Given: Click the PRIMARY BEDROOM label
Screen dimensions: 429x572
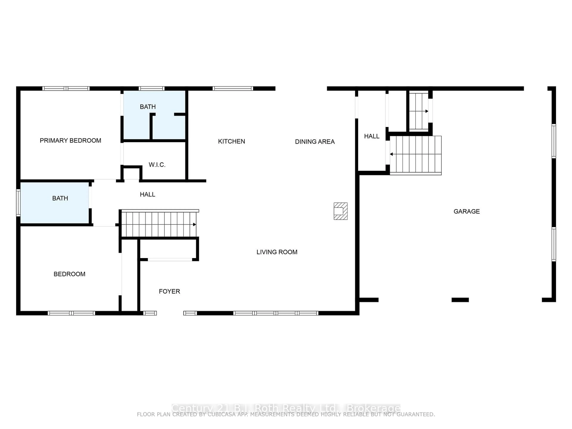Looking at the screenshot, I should tap(70, 140).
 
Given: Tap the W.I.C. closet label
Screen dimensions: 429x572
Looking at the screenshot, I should tap(157, 165).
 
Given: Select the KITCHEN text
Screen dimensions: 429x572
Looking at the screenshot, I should tap(231, 142).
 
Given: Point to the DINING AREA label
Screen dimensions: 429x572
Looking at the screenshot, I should tap(315, 142).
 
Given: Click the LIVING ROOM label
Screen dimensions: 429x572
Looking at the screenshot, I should tap(277, 252).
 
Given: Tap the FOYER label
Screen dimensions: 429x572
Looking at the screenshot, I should tap(169, 291).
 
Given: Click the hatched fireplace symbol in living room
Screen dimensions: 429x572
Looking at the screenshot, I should tap(340, 211).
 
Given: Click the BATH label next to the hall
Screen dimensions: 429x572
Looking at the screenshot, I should tap(60, 198).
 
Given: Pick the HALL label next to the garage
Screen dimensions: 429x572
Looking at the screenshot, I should tap(372, 136).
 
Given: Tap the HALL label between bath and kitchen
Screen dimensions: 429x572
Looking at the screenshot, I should tap(147, 194).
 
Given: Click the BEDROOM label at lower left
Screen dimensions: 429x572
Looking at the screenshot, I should tap(69, 274).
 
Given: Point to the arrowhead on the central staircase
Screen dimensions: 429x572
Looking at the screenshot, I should tap(194, 224).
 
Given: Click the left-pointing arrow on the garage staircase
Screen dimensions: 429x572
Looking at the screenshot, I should tap(391, 154).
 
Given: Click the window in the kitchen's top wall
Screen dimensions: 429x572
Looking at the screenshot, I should tap(233, 88).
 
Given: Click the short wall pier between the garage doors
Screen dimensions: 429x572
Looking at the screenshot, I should tap(460, 300).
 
